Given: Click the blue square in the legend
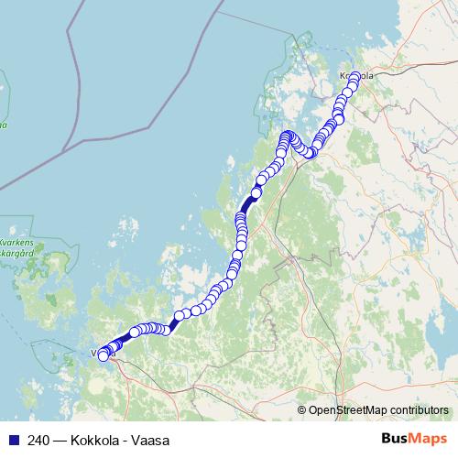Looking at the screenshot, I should coord(13,441).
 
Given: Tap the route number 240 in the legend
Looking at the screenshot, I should coord(38,441).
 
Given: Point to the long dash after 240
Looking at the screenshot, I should coord(59,441).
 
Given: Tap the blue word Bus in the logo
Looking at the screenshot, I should coord(397,440).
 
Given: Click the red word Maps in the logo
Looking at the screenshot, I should coord(429,440).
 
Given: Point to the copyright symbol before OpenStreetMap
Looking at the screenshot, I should coord(302,410).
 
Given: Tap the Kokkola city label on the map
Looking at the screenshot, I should coord(357,77).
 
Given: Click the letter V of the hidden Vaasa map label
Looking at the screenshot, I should coord(94,352).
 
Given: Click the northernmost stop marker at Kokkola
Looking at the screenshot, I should coord(355,76).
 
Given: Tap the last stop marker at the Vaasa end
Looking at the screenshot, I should coord(104,357).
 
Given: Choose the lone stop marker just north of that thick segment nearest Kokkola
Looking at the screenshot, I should coord(256,192).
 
